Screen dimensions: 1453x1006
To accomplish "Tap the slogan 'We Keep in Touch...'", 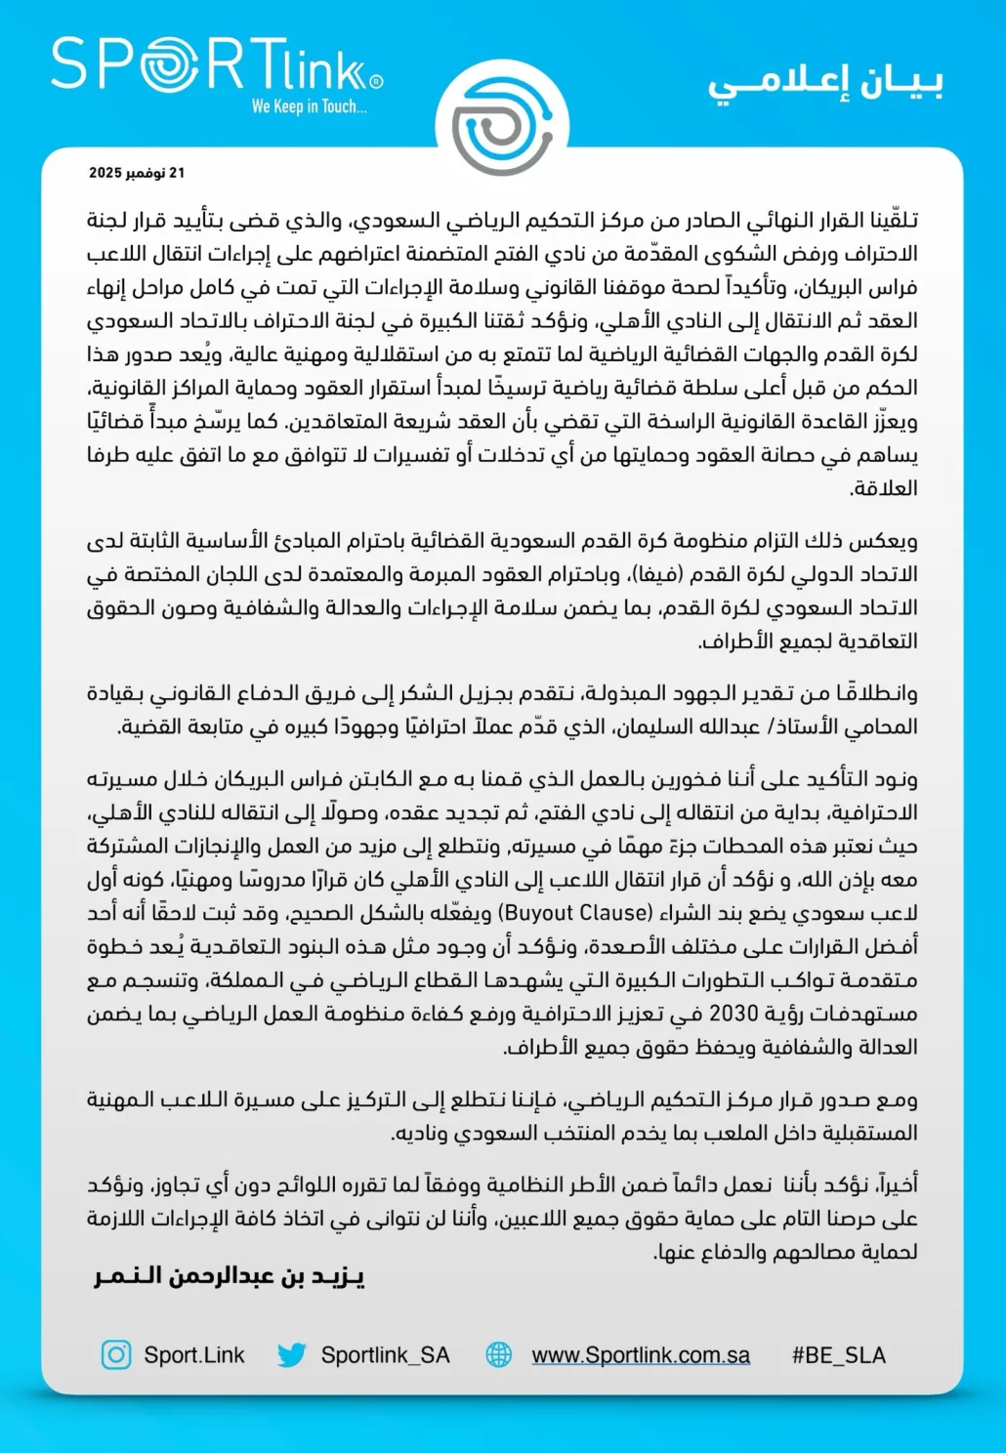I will click(x=309, y=106).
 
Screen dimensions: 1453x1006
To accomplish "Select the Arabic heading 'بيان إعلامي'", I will click(x=825, y=84).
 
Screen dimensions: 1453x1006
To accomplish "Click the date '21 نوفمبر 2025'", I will click(x=137, y=173).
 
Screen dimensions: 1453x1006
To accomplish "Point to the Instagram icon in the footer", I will click(x=116, y=1354).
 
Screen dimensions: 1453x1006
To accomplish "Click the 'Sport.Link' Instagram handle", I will click(x=193, y=1355).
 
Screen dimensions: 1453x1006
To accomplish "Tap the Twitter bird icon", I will click(x=291, y=1354).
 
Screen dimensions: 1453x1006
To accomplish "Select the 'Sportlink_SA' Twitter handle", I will click(x=385, y=1355).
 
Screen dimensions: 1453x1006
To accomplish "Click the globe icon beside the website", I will click(x=499, y=1354).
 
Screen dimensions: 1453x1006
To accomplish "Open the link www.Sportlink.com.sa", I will click(x=641, y=1355).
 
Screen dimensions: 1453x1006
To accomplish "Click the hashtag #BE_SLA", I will click(x=838, y=1355).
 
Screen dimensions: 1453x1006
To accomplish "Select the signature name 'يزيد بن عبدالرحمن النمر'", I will click(x=230, y=1276).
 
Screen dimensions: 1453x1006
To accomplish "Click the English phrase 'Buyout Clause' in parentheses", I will click(x=575, y=913).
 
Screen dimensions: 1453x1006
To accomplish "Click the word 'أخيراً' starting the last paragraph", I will click(x=897, y=1184).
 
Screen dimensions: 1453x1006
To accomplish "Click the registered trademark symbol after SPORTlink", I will click(x=377, y=83).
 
